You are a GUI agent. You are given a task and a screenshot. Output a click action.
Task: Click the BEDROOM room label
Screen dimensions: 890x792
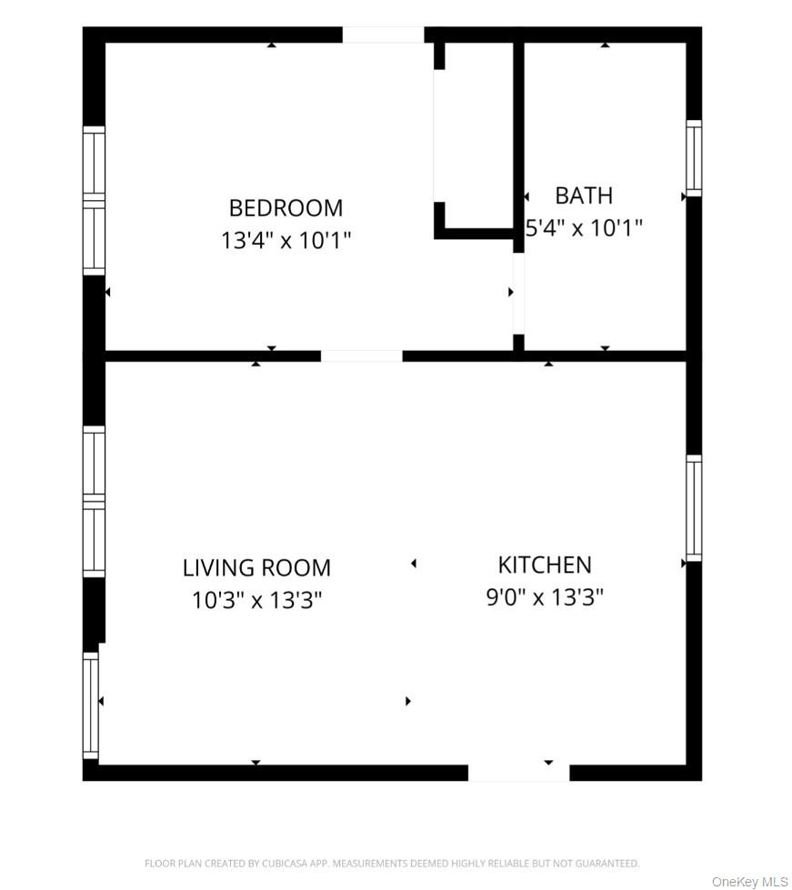pos(286,208)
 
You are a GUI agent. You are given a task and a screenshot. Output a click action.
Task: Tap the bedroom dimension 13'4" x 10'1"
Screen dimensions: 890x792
pos(286,241)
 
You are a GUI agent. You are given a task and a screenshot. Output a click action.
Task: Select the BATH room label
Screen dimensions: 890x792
pos(584,195)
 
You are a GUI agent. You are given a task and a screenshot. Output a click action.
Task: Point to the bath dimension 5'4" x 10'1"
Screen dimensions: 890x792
pos(585,227)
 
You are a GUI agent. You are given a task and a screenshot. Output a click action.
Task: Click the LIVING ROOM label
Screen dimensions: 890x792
pos(256,568)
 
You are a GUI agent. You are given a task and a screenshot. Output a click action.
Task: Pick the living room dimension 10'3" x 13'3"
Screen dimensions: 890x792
pos(256,601)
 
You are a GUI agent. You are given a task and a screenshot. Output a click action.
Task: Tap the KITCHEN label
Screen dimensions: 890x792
pos(545,565)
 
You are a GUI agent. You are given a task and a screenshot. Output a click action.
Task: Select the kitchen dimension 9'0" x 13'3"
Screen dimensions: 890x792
pos(545,597)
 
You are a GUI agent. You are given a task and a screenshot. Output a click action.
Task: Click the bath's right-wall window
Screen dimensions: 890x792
pos(694,157)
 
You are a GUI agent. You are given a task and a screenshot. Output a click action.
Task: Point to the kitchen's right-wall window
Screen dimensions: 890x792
pos(694,507)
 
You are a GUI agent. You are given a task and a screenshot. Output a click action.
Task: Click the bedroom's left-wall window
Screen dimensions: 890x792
pos(94,200)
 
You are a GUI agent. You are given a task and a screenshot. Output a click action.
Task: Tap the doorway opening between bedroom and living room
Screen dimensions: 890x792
pos(361,355)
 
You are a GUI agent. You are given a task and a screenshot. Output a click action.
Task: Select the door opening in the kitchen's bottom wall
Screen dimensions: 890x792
pos(518,773)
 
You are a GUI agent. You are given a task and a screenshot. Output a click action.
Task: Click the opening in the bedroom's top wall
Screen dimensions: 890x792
pos(383,35)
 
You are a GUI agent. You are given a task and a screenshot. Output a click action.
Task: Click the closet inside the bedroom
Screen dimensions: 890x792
pos(476,136)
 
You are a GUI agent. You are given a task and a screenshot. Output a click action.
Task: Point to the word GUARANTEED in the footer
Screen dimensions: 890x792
pos(607,864)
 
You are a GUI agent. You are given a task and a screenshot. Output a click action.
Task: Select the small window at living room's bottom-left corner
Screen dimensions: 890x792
pos(90,705)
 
